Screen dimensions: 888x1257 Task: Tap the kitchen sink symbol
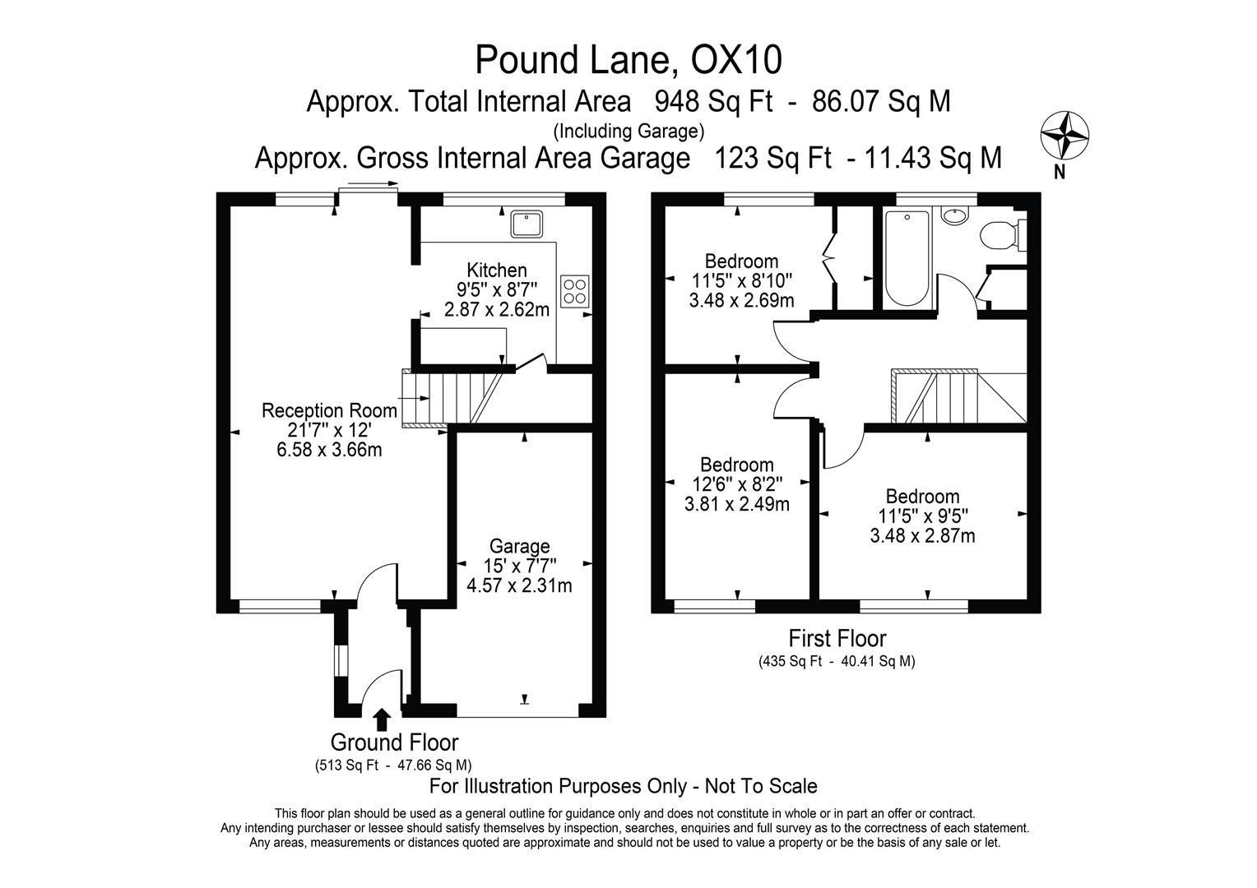[524, 223]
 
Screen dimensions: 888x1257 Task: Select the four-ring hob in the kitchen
[573, 290]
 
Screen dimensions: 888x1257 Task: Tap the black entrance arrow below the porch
[381, 719]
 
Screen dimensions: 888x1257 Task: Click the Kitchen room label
[497, 271]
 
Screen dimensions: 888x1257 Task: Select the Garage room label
[519, 546]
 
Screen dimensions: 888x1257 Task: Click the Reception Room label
[329, 410]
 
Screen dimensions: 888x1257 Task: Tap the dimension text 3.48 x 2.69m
[741, 301]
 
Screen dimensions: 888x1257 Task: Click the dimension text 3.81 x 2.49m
[736, 504]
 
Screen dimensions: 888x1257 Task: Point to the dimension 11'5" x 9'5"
[922, 516]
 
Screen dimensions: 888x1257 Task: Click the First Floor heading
[837, 638]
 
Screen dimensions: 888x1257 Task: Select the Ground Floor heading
[394, 742]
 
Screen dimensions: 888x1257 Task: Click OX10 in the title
[735, 60]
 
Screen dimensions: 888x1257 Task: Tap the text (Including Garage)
[628, 131]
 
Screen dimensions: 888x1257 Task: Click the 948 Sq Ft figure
[713, 102]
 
